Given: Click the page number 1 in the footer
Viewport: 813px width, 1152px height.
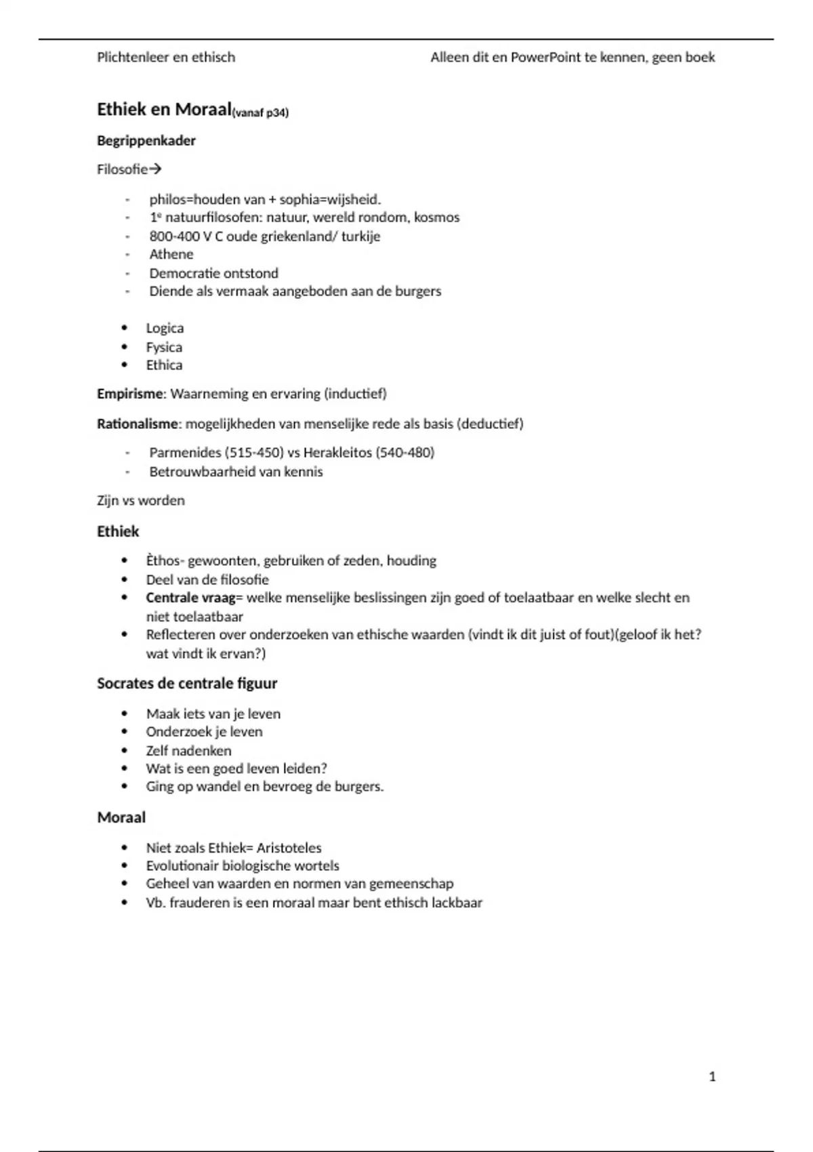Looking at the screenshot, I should (712, 1077).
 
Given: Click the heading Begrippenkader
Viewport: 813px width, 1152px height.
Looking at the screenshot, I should (146, 141).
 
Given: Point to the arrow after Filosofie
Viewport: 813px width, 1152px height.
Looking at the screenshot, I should (155, 169).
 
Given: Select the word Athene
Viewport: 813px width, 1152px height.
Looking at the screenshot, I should (171, 254).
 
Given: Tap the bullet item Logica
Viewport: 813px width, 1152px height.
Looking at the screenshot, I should (165, 328).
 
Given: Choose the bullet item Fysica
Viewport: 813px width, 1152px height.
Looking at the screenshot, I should (164, 347).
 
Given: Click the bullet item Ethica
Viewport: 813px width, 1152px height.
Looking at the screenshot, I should (164, 365).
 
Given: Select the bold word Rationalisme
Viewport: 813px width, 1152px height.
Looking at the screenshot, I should (138, 424).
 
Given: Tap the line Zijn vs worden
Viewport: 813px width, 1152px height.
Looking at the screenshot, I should (141, 501).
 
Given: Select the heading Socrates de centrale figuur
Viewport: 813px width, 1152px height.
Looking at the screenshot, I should (187, 683).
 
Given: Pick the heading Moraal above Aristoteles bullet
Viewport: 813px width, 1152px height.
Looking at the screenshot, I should (121, 817).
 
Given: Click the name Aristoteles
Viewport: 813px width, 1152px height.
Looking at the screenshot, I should (289, 848).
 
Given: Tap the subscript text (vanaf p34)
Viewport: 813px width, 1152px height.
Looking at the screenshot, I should (260, 113).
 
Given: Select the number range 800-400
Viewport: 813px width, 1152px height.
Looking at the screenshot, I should (174, 236).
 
